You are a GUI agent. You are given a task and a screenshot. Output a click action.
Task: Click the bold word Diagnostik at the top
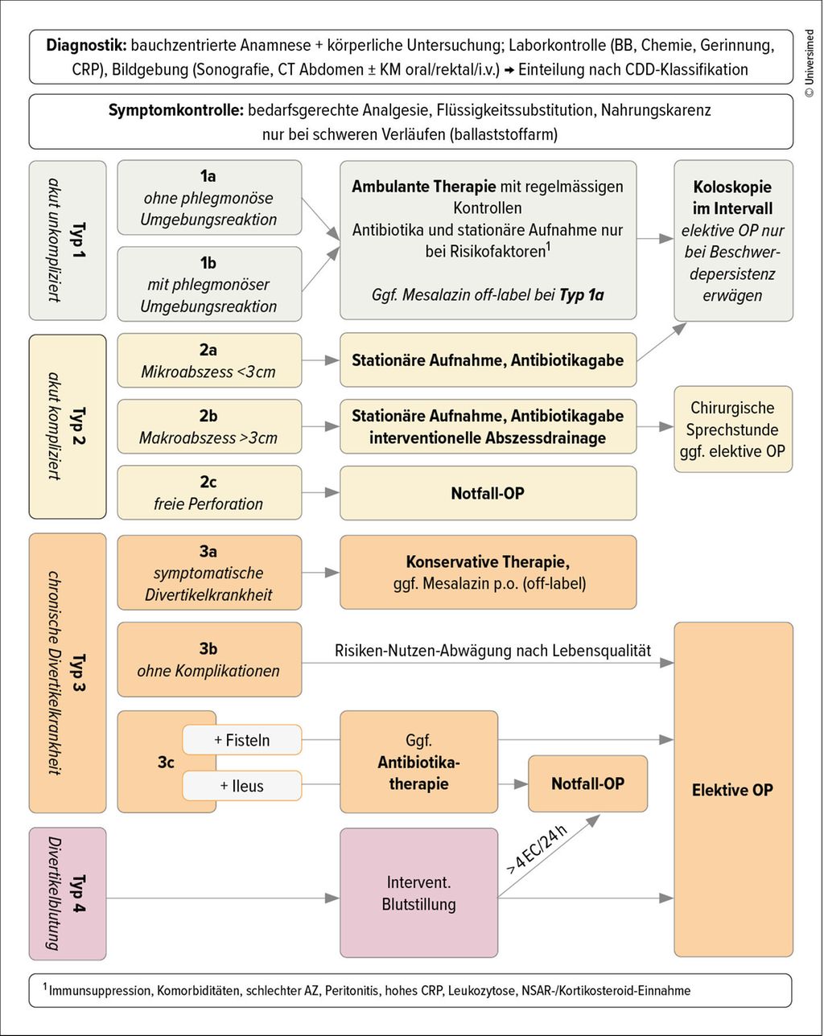click(x=87, y=45)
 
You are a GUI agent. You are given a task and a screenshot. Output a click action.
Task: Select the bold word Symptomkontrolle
click(x=175, y=110)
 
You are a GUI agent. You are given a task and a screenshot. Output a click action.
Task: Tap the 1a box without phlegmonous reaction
click(x=209, y=197)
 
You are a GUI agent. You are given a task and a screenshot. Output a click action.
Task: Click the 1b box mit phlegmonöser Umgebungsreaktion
click(x=209, y=284)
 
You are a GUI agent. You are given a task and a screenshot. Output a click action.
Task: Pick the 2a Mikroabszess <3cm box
click(x=209, y=360)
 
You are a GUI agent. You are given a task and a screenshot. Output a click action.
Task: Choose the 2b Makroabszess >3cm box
click(x=209, y=426)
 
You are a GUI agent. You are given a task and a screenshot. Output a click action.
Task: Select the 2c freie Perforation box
click(x=209, y=492)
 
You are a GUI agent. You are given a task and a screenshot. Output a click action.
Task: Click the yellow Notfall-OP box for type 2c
click(x=488, y=493)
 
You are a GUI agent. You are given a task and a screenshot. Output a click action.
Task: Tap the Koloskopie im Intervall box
click(x=733, y=240)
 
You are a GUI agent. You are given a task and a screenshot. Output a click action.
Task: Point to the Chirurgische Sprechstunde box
click(x=733, y=429)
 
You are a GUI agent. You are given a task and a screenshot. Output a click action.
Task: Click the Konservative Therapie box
click(x=488, y=573)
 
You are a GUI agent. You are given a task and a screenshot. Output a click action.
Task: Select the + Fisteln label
click(x=241, y=739)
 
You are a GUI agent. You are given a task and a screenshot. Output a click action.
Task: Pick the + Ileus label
click(x=241, y=786)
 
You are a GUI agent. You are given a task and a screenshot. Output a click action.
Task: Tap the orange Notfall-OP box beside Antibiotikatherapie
click(x=587, y=783)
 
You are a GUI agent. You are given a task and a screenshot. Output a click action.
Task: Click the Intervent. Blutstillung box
click(x=419, y=893)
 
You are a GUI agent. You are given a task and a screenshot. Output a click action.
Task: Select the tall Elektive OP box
click(x=733, y=790)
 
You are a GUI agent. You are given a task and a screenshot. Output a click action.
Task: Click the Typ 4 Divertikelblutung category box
click(x=68, y=894)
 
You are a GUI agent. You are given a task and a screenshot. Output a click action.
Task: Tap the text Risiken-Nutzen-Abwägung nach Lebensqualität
click(x=492, y=651)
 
